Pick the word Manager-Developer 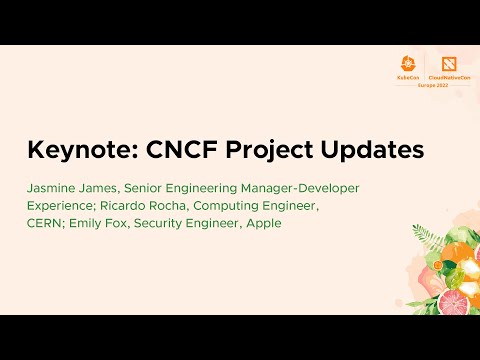302,188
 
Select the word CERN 43,223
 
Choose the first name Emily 86,223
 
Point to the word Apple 264,223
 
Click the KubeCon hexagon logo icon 408,62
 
